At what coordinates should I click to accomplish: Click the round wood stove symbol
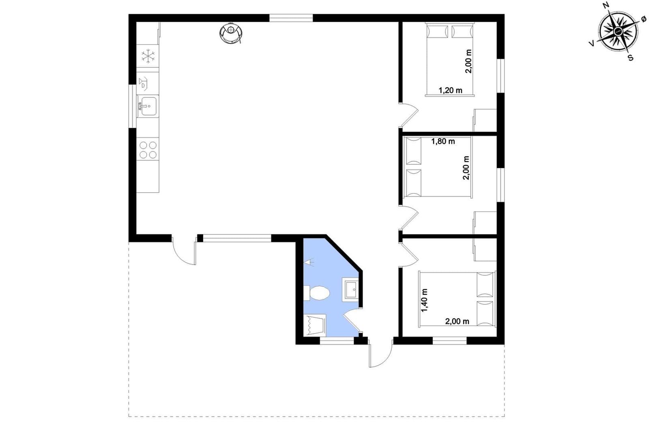coord(231,33)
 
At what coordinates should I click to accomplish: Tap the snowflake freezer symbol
coord(148,56)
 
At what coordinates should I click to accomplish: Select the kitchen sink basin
coord(148,106)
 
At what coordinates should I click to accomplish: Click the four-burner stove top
coord(148,150)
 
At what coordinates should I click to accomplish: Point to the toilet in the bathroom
coord(317,293)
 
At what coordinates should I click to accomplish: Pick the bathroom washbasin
coord(350,289)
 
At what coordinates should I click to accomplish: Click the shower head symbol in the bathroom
coord(309,262)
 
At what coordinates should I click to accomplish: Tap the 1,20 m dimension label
coord(450,90)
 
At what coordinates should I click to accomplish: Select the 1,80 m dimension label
coord(443,142)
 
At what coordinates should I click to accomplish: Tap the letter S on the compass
coord(630,58)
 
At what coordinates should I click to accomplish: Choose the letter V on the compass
coord(592,43)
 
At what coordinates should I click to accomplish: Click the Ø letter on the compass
coord(643,19)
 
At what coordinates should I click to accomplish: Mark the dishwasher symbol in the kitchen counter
coord(144,83)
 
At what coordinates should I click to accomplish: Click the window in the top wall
coord(291,18)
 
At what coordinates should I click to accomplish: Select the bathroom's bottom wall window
coord(337,340)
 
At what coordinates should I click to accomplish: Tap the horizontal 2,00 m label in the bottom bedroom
coord(457,321)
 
